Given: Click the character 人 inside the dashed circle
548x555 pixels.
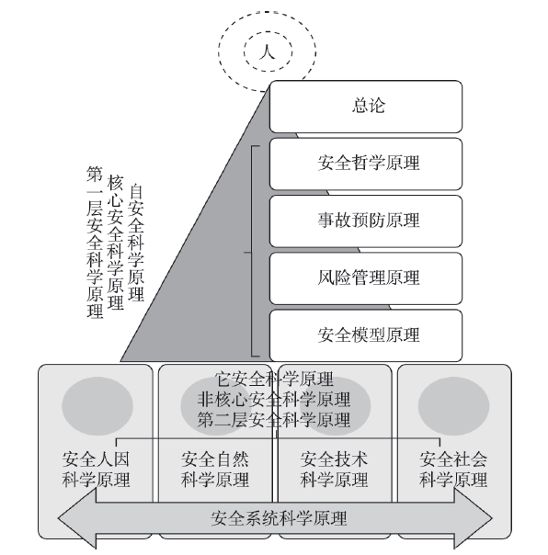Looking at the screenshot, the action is (x=268, y=51).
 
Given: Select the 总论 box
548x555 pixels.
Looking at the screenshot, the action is (x=366, y=107).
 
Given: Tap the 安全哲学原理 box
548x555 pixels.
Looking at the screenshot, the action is (x=366, y=164).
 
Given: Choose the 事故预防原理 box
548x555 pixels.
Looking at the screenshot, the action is (x=366, y=221).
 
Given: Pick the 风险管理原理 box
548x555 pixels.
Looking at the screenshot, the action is (x=366, y=278).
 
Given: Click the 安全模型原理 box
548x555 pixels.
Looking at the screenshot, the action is (x=366, y=335).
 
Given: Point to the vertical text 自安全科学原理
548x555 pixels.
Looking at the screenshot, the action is (x=136, y=242).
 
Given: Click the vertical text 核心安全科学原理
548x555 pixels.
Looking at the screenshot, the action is (x=116, y=242).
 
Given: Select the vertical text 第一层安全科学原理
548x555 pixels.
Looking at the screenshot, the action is (x=95, y=242).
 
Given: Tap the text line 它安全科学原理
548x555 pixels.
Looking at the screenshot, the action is (x=274, y=379).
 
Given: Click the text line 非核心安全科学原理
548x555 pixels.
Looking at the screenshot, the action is (x=274, y=400).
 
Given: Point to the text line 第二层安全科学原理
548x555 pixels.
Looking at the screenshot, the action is (x=274, y=420).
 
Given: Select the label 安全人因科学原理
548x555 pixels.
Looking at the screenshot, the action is (x=96, y=470).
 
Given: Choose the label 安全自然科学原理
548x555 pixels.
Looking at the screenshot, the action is (x=215, y=470).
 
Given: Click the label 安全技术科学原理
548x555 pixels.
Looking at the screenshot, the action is (x=334, y=470).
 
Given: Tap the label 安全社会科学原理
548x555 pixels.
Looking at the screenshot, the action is (x=453, y=470).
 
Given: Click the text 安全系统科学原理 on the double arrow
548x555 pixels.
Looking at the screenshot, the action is (x=279, y=518).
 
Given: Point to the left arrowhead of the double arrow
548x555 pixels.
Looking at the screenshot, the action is (x=77, y=518).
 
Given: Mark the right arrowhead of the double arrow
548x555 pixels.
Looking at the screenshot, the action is (x=474, y=518).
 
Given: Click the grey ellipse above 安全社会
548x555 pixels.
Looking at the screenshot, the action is (x=454, y=406).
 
